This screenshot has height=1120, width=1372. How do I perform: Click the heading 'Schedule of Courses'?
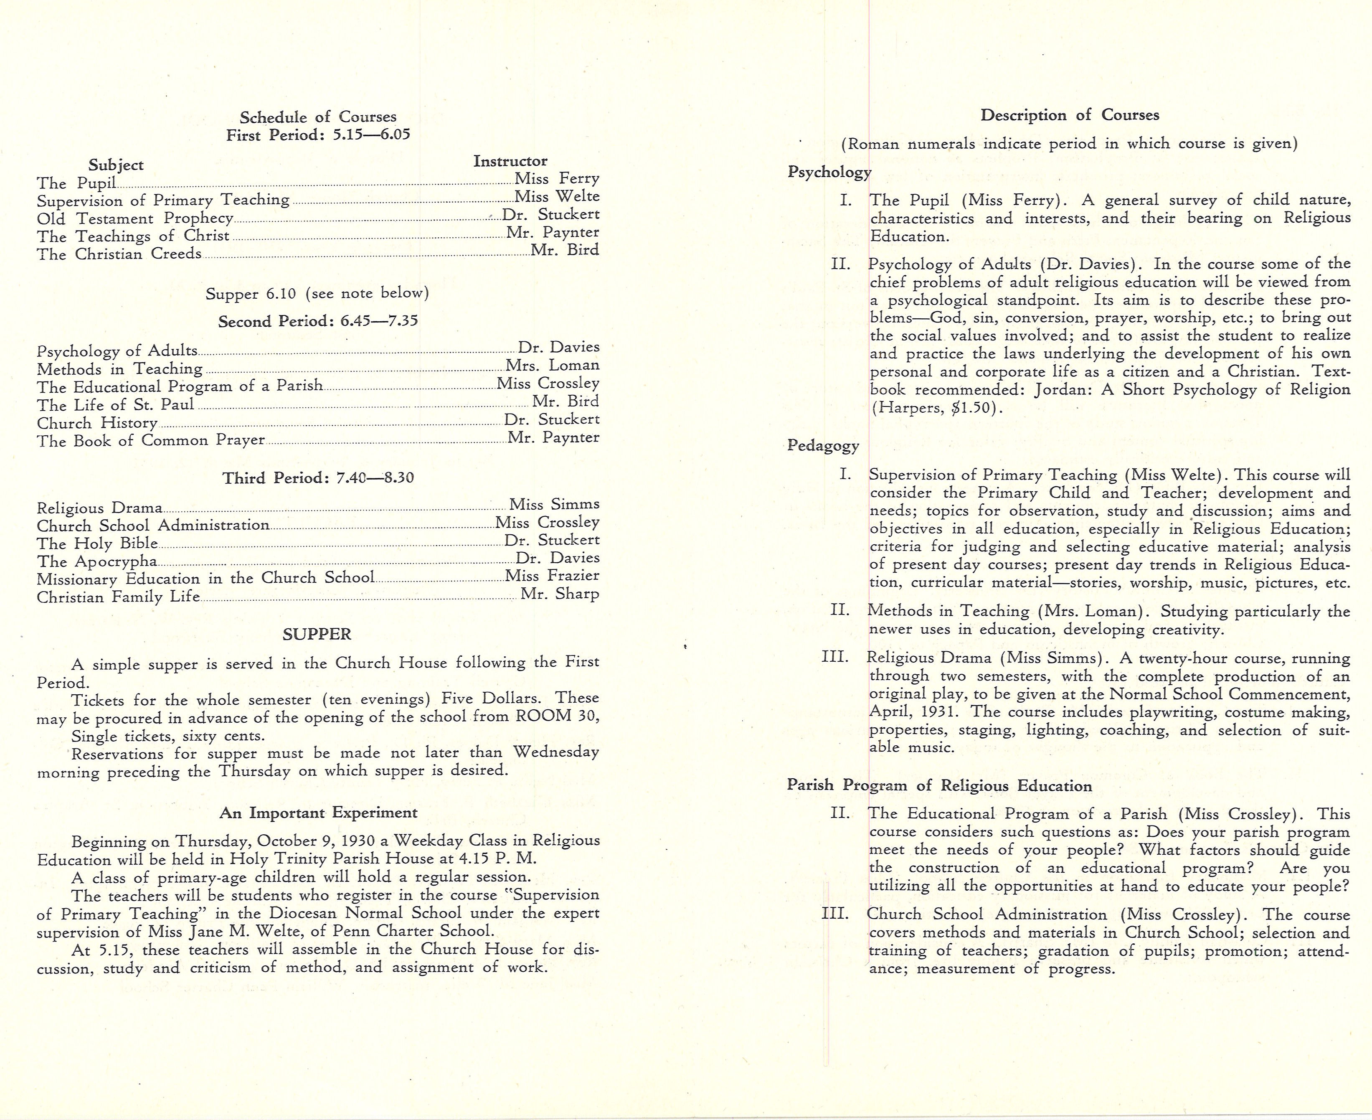pyautogui.click(x=318, y=117)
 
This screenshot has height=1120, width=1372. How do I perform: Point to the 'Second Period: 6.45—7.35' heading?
pyautogui.click(x=317, y=321)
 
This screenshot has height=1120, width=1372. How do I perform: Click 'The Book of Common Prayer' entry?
pyautogui.click(x=150, y=441)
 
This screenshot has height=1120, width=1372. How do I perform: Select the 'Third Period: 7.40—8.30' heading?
pyautogui.click(x=318, y=478)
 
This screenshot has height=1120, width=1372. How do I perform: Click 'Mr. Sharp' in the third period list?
pyautogui.click(x=559, y=594)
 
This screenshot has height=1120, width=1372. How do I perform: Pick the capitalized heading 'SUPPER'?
pyautogui.click(x=317, y=634)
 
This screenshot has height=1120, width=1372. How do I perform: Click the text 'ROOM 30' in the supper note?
pyautogui.click(x=557, y=716)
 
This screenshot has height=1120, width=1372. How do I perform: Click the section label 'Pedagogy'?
pyautogui.click(x=822, y=446)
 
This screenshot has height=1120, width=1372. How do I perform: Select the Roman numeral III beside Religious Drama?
pyautogui.click(x=835, y=658)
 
